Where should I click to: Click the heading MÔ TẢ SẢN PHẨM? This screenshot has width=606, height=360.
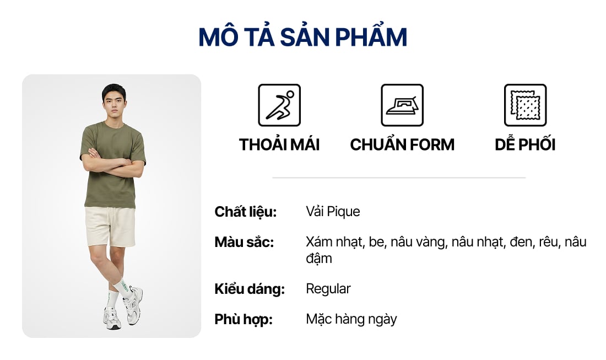(x=302, y=37)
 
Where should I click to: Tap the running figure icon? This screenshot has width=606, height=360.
(x=279, y=105)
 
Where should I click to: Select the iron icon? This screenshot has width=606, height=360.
(x=402, y=105)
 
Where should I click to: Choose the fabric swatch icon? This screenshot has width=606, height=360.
(x=525, y=105)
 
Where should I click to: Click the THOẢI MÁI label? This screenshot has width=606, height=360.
(x=279, y=144)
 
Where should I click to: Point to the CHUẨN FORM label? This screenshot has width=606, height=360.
(x=402, y=144)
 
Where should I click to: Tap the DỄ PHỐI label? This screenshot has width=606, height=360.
(x=525, y=144)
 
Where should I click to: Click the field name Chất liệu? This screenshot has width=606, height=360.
(x=246, y=212)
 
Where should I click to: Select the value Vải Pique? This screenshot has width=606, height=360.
(x=333, y=212)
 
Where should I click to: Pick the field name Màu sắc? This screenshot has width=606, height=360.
(x=244, y=242)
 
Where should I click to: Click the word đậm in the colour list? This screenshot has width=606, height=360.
(x=319, y=259)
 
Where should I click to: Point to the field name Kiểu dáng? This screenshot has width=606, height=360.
(x=250, y=289)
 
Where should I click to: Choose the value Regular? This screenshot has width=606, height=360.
(x=328, y=289)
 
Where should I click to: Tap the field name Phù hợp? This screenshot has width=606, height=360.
(x=244, y=319)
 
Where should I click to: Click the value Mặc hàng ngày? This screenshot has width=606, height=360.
(x=351, y=319)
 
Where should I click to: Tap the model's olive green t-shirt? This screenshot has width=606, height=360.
(x=112, y=164)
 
